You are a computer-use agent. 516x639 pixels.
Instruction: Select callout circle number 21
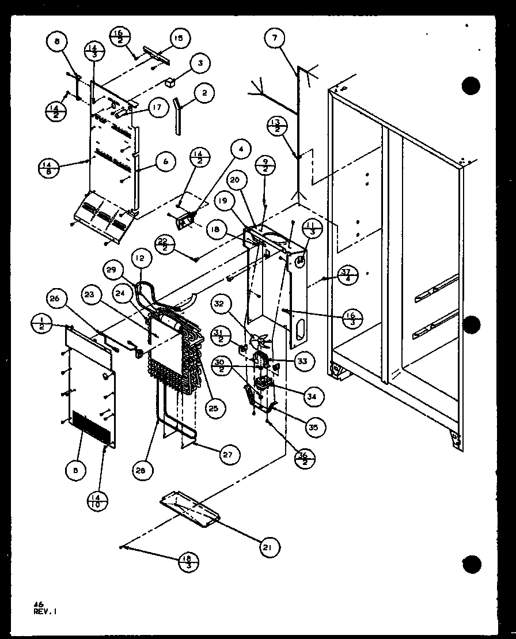click(x=268, y=547)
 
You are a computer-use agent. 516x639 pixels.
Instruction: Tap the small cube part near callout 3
click(x=170, y=83)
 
